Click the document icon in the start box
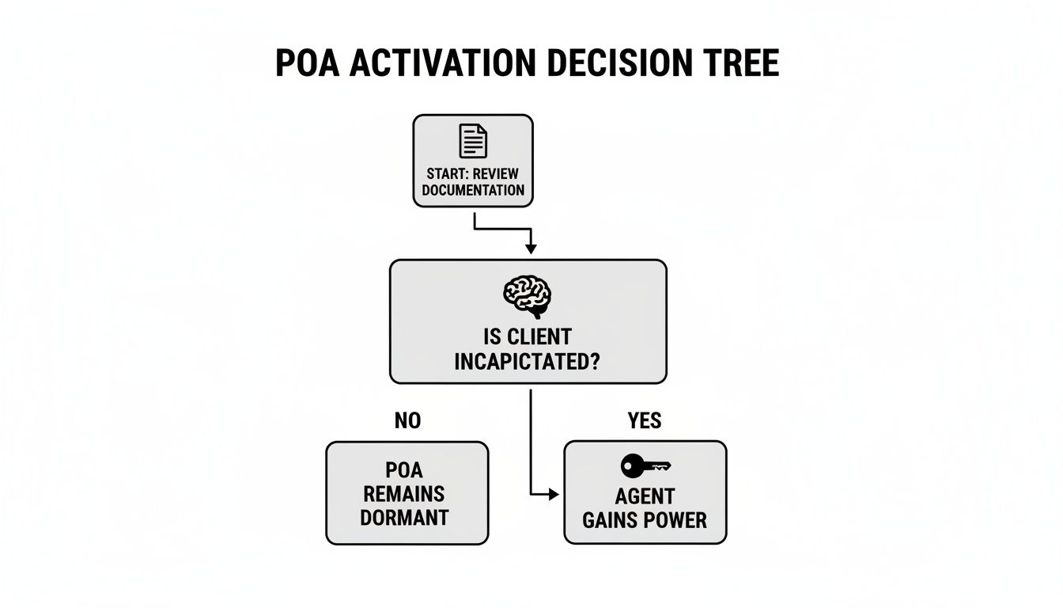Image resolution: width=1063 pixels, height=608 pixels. click(473, 141)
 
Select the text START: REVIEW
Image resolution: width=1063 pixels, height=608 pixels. click(473, 174)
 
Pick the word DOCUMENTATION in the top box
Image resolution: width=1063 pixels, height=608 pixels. click(473, 190)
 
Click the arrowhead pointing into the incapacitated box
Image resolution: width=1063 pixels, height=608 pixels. click(530, 249)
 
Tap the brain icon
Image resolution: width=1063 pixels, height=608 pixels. click(527, 296)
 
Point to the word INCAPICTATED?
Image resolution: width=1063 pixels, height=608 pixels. click(528, 362)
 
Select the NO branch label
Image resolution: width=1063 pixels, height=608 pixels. click(407, 421)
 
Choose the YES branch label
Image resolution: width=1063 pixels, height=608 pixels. click(645, 421)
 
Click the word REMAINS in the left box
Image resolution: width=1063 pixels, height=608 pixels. click(404, 494)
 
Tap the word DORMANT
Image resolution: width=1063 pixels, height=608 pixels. click(404, 518)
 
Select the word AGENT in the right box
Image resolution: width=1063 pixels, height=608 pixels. click(645, 496)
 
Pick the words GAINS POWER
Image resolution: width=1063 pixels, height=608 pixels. click(645, 520)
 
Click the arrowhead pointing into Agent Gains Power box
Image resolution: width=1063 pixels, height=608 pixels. click(554, 495)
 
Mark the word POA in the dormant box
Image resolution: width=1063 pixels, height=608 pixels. click(404, 470)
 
